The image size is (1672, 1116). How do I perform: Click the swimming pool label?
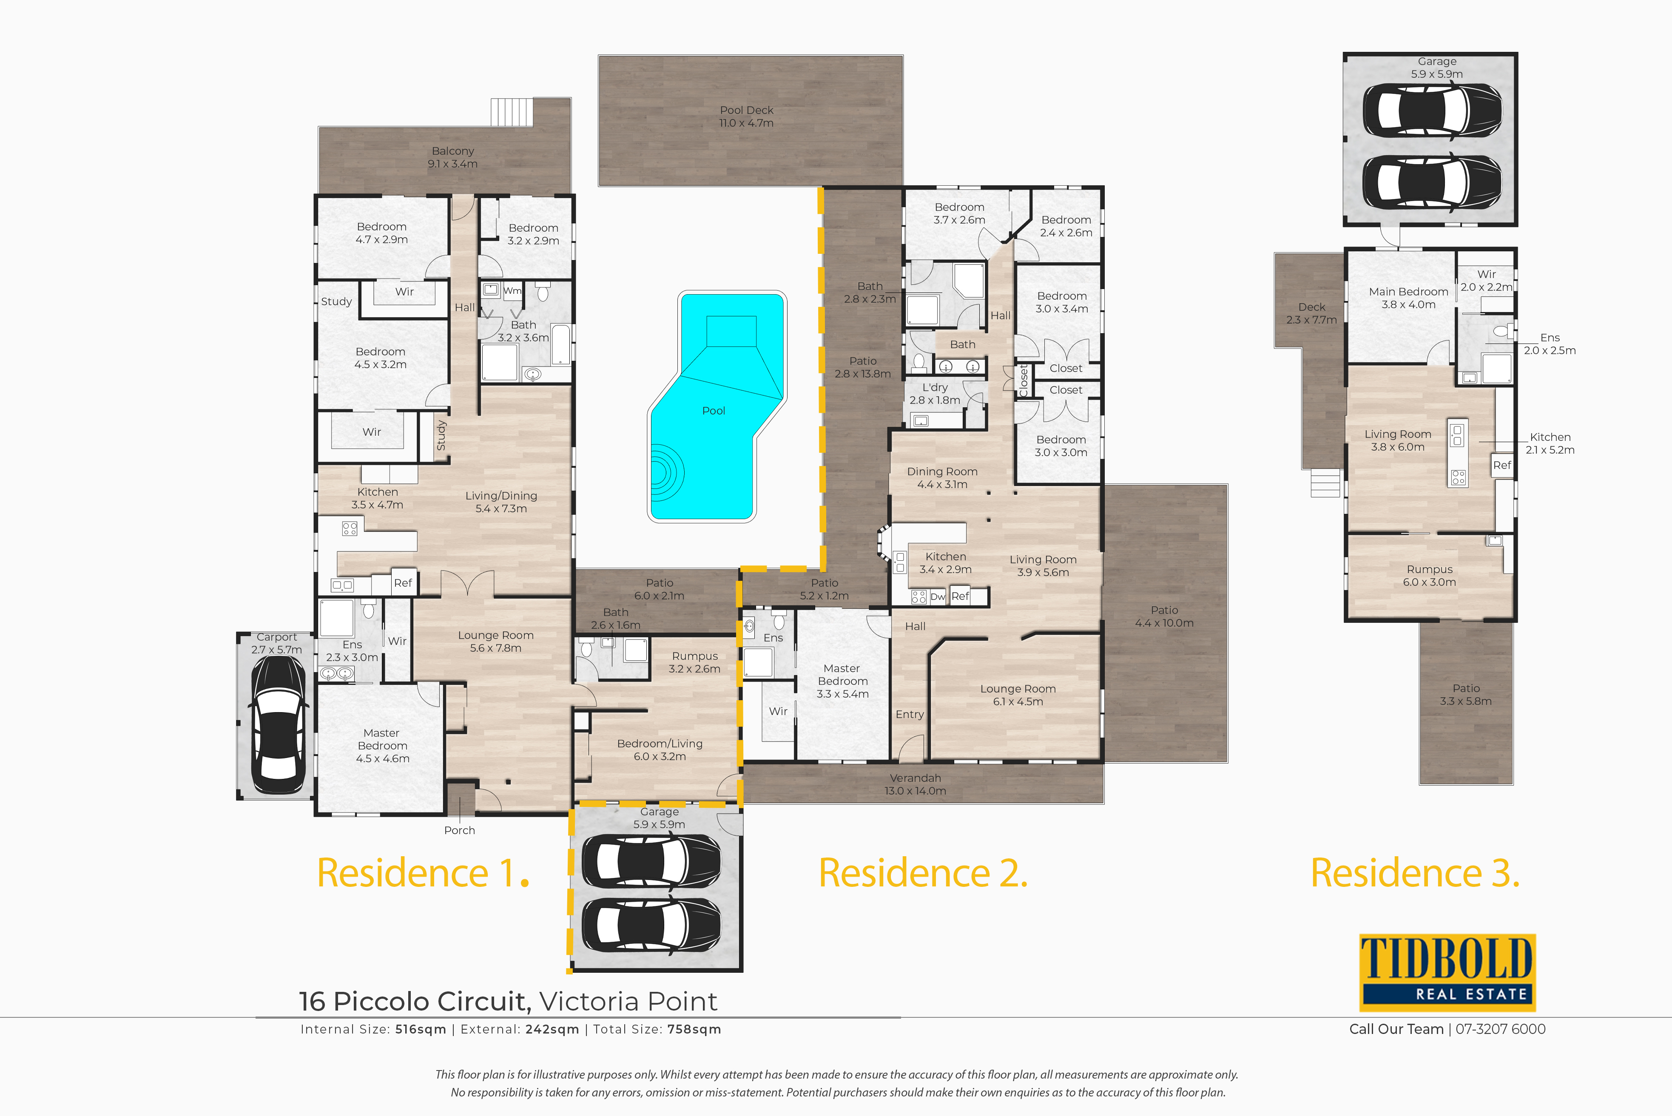(x=713, y=411)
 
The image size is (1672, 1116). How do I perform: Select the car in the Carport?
(x=278, y=724)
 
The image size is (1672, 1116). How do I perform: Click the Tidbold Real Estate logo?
(x=1447, y=972)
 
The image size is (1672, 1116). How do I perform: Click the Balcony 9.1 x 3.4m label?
(x=453, y=157)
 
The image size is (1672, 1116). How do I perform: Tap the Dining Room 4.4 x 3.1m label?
(x=942, y=477)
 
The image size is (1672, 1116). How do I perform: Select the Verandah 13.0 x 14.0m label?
(x=916, y=784)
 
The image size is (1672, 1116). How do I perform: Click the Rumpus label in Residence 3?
(x=1429, y=569)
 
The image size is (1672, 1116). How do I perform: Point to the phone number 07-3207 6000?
(x=1501, y=1029)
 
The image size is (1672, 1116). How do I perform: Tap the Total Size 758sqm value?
(x=694, y=1029)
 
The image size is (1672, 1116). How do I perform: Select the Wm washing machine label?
(x=512, y=290)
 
